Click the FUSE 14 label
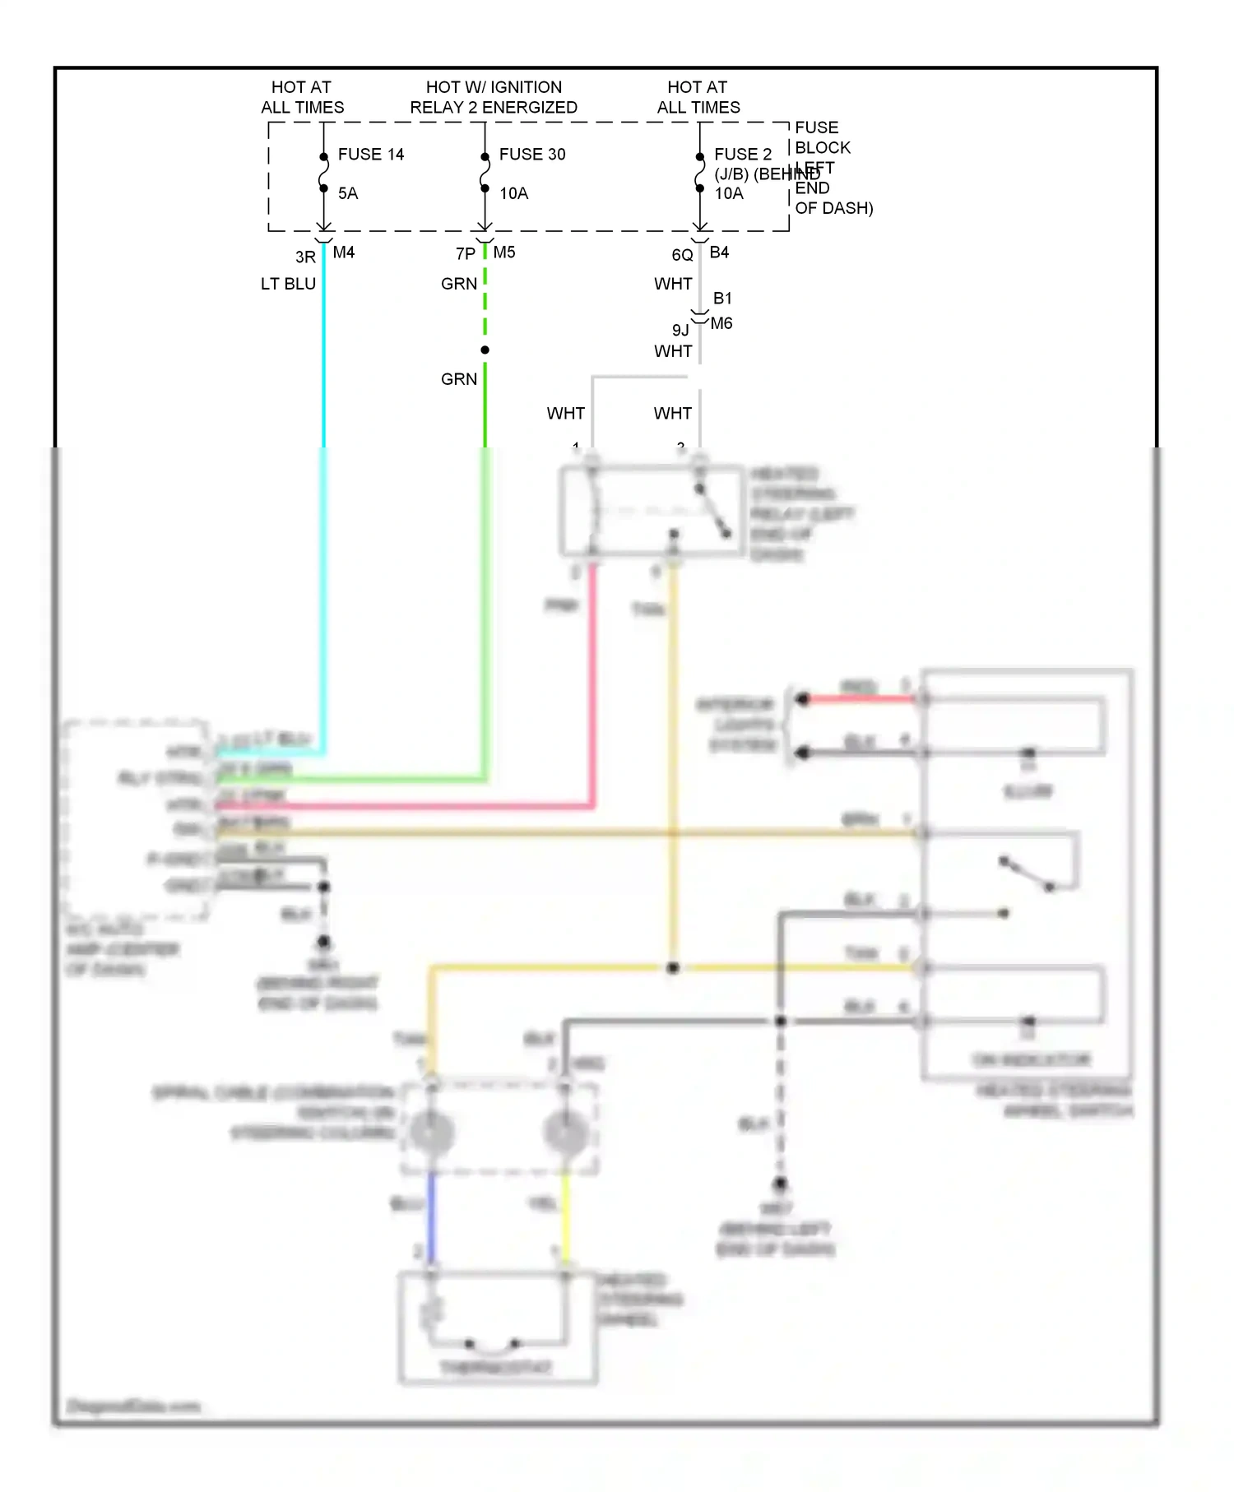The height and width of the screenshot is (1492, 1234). click(x=371, y=155)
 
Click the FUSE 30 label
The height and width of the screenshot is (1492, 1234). click(x=532, y=155)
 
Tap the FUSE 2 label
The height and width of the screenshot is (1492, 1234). click(x=743, y=155)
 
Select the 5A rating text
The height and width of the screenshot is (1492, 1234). click(x=348, y=193)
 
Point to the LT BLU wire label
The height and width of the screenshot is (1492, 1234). click(x=288, y=284)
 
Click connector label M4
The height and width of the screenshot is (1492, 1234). click(x=344, y=253)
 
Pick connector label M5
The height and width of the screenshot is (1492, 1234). click(x=504, y=253)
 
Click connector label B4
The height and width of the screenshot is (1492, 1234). click(x=719, y=253)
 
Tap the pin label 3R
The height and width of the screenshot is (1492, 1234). click(x=305, y=257)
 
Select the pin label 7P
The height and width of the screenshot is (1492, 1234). click(x=466, y=254)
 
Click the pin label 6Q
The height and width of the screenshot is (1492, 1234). click(x=682, y=255)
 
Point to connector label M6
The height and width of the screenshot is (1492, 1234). click(x=721, y=323)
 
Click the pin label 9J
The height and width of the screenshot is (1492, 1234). click(x=680, y=330)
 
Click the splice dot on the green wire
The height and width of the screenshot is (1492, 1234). click(x=485, y=350)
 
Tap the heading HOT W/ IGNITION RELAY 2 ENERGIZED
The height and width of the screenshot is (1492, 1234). click(x=494, y=97)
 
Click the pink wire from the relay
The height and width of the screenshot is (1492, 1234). click(x=592, y=683)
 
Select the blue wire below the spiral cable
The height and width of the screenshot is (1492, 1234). click(x=431, y=1217)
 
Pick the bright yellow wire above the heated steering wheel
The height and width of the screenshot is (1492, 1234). click(x=565, y=1217)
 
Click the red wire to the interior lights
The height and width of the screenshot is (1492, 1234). click(x=860, y=699)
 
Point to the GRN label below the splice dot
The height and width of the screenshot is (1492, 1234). click(x=459, y=379)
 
